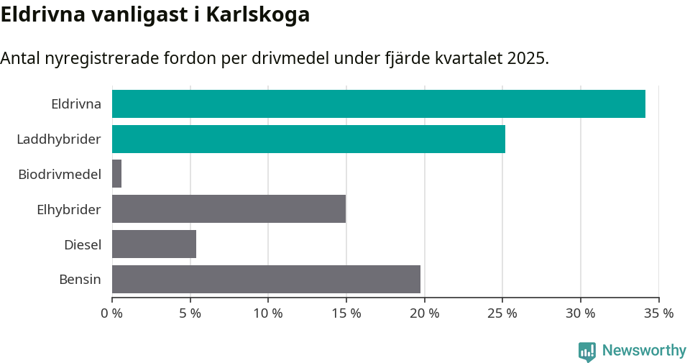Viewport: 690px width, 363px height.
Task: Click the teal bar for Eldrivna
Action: pyautogui.click(x=379, y=104)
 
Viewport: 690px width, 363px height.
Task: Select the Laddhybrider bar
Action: pyautogui.click(x=308, y=139)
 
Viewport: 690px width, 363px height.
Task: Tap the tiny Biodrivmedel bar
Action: pyautogui.click(x=116, y=174)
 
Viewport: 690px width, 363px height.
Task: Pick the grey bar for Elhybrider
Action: pyautogui.click(x=229, y=209)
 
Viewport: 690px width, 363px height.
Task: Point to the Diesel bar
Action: pyautogui.click(x=154, y=244)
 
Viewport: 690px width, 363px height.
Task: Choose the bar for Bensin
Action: pyautogui.click(x=266, y=279)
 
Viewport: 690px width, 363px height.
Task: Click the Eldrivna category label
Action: pyautogui.click(x=76, y=104)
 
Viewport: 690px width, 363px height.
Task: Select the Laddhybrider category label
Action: pyautogui.click(x=59, y=139)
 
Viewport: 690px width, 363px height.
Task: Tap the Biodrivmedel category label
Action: pyautogui.click(x=60, y=174)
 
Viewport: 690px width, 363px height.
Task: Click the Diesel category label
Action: pyautogui.click(x=83, y=245)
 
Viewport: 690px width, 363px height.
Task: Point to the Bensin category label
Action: pyautogui.click(x=80, y=280)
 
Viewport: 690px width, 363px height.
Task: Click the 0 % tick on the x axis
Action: pyautogui.click(x=112, y=313)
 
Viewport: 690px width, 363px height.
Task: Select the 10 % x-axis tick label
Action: pyautogui.click(x=268, y=313)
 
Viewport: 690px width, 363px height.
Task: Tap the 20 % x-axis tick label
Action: pyautogui.click(x=424, y=313)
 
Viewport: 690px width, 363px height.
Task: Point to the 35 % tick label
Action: pyautogui.click(x=658, y=313)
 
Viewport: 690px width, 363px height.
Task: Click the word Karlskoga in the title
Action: pyautogui.click(x=258, y=14)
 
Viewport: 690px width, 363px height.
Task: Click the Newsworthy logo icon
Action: pyautogui.click(x=586, y=351)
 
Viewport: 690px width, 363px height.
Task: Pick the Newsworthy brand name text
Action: pyautogui.click(x=644, y=351)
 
